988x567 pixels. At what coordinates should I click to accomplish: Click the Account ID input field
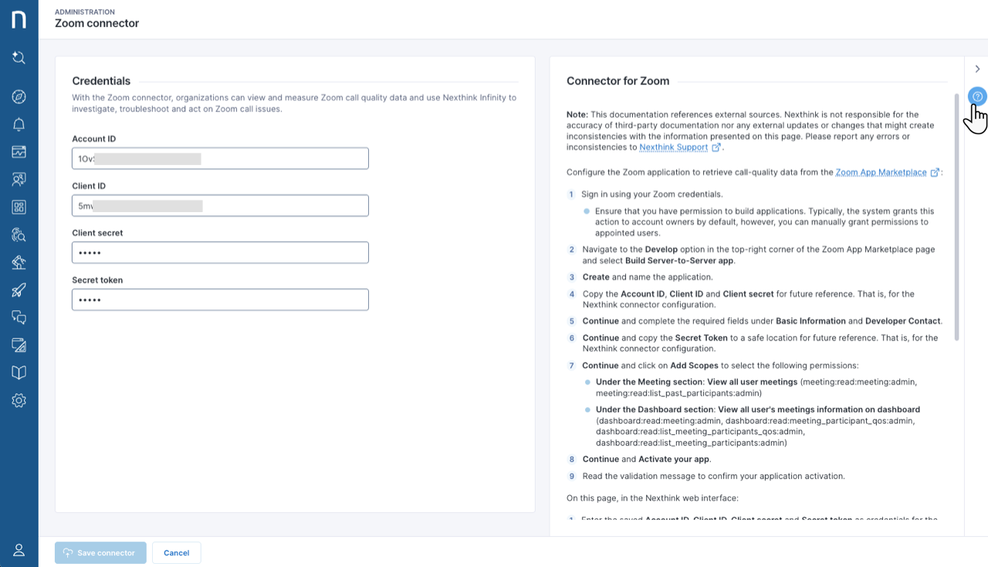coord(220,159)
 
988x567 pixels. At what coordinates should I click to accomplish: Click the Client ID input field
coord(220,206)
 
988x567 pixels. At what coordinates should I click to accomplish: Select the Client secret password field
coord(220,253)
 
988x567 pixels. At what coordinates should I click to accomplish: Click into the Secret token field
coord(220,300)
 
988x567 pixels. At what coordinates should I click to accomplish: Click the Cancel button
coord(177,553)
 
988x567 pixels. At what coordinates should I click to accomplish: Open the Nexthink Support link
coord(674,147)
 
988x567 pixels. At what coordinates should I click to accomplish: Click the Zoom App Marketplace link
coord(881,173)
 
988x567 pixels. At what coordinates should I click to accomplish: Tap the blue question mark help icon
coord(977,96)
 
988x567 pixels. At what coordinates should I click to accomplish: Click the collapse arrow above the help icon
coord(977,69)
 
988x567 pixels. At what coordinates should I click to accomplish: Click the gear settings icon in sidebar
coord(19,400)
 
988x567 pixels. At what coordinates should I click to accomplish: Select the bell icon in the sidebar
coord(19,124)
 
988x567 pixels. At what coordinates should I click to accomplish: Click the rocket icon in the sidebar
coord(19,290)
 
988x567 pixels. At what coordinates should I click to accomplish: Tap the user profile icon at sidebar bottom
coord(19,550)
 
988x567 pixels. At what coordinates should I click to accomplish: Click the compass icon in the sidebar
coord(19,96)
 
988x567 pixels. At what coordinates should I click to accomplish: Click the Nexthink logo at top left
coord(19,19)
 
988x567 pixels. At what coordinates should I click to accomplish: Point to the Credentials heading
coord(101,81)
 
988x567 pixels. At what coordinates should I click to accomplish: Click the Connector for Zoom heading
coord(617,81)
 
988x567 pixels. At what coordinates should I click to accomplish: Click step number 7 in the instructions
coord(572,366)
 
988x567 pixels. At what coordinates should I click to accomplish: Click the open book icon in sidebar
coord(19,373)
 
